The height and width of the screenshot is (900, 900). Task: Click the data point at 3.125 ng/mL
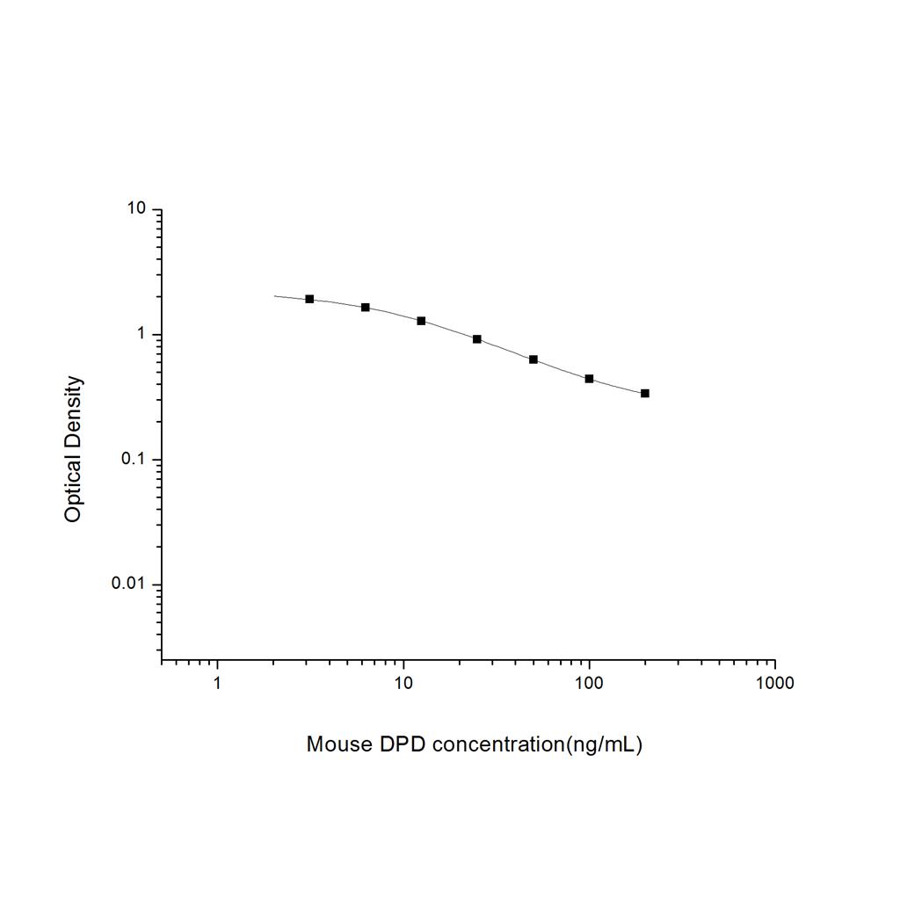pos(309,299)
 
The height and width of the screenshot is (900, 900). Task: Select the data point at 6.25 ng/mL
pos(366,307)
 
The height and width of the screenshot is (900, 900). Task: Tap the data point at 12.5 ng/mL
pos(421,321)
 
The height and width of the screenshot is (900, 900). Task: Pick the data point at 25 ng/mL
pos(477,338)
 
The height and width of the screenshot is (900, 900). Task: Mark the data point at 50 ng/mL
pos(533,359)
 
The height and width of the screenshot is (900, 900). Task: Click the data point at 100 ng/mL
pos(589,379)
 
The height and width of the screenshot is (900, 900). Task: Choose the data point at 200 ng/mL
pos(645,393)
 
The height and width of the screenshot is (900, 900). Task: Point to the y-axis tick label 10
pos(135,209)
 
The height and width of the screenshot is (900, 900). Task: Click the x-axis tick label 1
pos(217,683)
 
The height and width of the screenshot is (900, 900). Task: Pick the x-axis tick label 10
pos(403,683)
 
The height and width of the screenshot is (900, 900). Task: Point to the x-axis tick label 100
pos(589,683)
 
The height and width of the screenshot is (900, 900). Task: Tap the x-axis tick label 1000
pos(774,683)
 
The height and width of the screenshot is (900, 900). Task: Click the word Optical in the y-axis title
pos(73,491)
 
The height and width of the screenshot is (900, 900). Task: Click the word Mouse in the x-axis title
pos(338,744)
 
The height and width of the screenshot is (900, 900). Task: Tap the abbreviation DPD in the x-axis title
pos(403,744)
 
